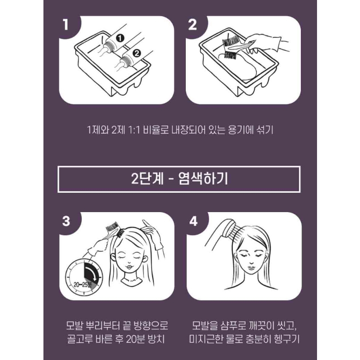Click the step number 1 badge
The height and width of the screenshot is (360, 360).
tap(66, 25)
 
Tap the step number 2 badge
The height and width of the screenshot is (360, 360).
tap(192, 25)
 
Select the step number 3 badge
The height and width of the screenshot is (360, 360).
tap(66, 221)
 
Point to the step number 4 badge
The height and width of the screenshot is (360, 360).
tap(193, 221)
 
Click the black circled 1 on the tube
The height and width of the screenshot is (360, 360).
tap(120, 38)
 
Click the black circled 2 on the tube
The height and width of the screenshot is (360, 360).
tap(137, 53)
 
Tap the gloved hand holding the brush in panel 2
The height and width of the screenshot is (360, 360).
tap(264, 43)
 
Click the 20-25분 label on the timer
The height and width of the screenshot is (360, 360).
tap(83, 285)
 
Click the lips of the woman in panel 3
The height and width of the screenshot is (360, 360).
tap(129, 267)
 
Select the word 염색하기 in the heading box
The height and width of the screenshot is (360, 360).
tap(203, 179)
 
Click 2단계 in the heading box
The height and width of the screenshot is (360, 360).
tap(147, 179)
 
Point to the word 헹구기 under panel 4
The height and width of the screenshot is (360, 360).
tap(287, 339)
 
